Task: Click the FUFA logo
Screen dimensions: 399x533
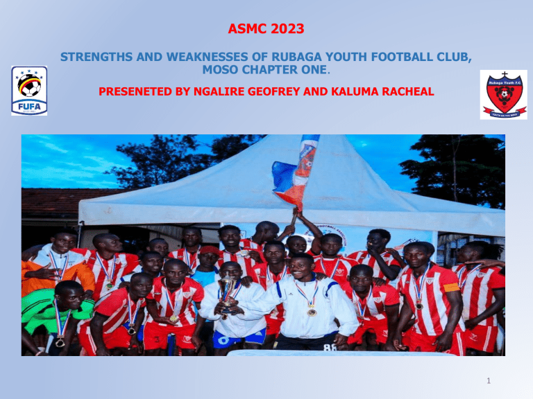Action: (29, 90)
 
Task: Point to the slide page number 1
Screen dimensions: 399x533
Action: (509, 380)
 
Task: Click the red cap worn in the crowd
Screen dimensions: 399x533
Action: (209, 250)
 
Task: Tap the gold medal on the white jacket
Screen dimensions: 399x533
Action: (312, 312)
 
